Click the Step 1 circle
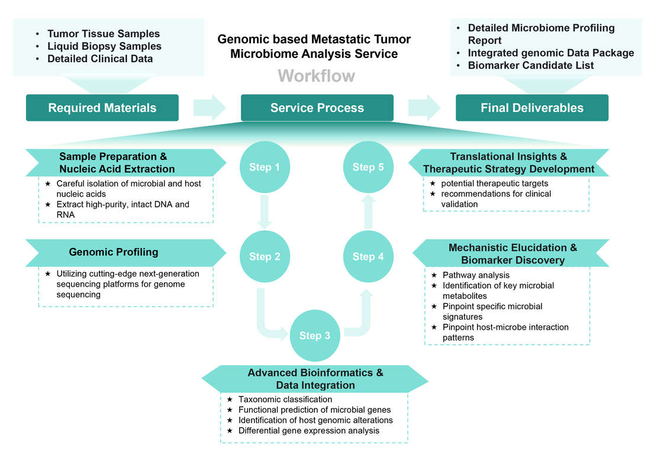264,167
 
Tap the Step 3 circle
314,336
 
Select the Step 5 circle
368,167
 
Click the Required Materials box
102,108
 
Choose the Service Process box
317,108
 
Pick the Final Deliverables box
531,108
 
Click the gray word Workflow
316,76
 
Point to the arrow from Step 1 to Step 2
264,212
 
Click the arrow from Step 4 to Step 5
368,212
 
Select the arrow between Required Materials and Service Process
210,108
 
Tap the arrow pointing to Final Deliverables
424,108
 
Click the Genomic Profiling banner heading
114,252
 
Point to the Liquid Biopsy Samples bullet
104,46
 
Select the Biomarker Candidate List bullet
530,65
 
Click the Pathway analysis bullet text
476,275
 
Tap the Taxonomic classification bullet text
285,400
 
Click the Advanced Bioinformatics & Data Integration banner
315,379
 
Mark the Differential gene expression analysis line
308,430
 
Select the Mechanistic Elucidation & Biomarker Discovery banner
512,253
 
